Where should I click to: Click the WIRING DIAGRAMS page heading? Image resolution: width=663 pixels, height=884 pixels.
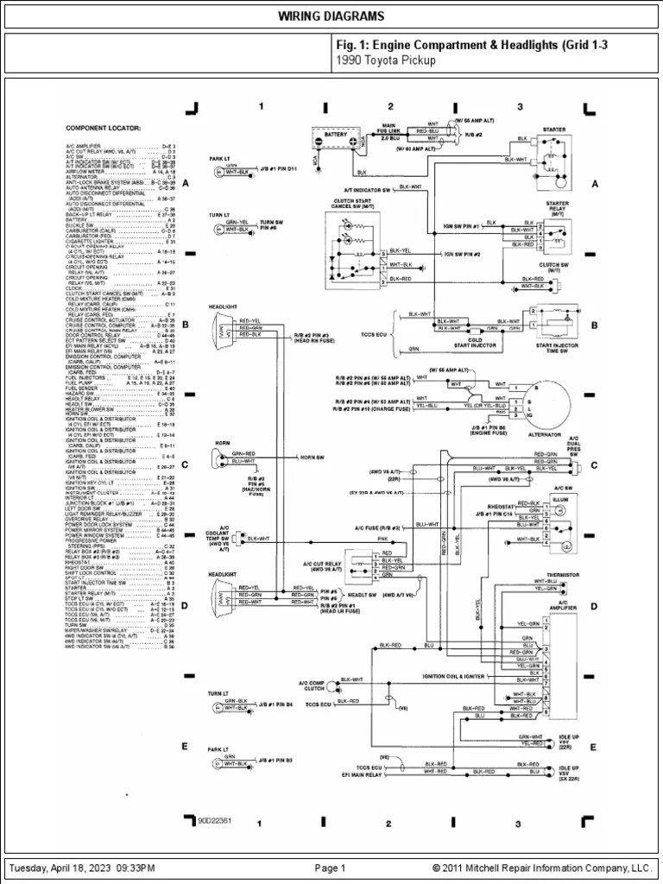[331, 17]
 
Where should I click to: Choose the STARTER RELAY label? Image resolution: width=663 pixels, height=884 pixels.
[557, 208]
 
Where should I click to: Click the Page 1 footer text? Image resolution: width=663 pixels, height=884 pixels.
[330, 868]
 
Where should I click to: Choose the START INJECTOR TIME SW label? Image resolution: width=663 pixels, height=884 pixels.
[555, 348]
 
